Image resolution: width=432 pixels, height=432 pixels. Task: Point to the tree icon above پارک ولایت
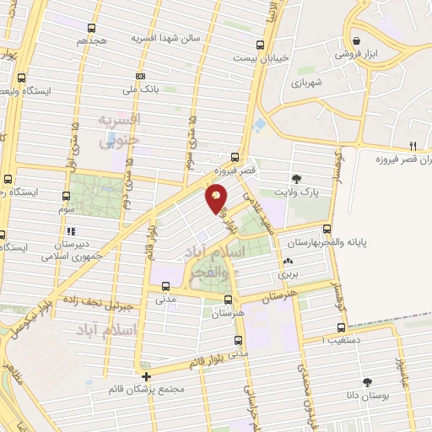point(296,178)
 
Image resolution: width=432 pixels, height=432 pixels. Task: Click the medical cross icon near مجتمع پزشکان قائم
point(147,376)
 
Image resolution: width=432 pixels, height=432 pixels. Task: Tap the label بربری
point(289,275)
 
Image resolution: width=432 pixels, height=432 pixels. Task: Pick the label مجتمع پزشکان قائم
point(148,391)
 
